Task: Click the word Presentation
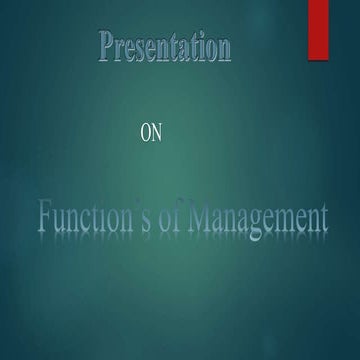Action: (166, 46)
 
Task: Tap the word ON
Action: (148, 134)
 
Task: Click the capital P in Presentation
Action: (108, 45)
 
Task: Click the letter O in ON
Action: (142, 134)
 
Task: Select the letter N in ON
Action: (154, 134)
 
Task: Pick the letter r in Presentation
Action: (122, 48)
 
